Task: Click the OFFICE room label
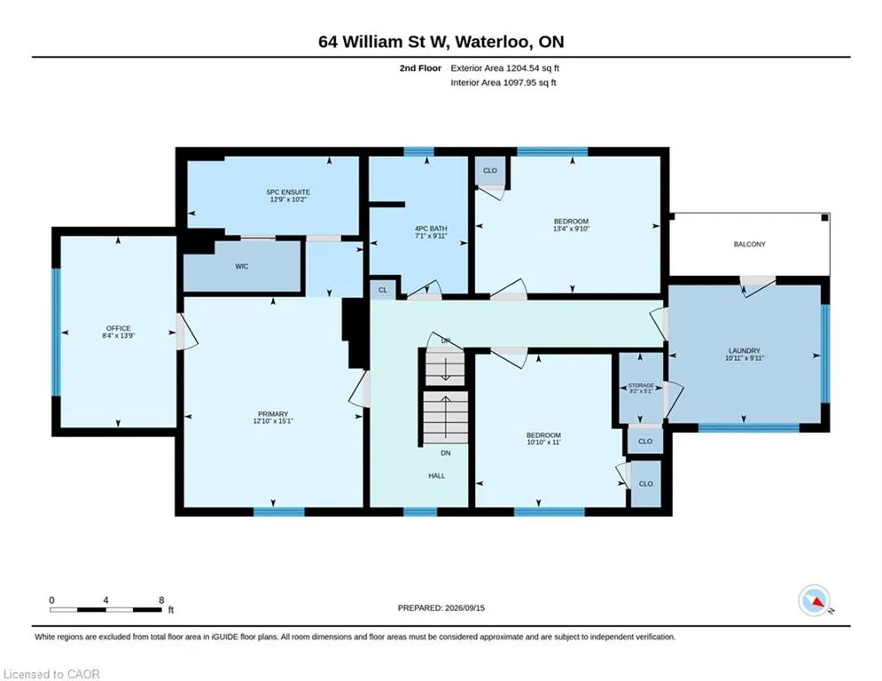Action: [118, 328]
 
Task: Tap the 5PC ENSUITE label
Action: [288, 192]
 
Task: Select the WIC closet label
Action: [242, 266]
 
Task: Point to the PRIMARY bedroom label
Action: [273, 414]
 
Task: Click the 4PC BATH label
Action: [431, 229]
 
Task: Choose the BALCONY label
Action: [749, 244]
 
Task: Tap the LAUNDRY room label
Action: [745, 350]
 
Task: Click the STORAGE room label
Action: [641, 386]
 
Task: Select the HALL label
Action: [436, 475]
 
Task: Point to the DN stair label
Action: [446, 453]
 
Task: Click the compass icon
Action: [815, 600]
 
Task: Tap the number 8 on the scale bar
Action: [161, 600]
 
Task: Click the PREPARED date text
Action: [441, 607]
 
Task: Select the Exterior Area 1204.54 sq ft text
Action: [504, 68]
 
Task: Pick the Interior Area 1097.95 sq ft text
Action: [503, 82]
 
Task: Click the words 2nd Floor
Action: [420, 68]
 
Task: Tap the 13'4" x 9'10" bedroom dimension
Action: [571, 229]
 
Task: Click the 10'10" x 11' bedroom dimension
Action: [543, 442]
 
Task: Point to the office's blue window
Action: [56, 332]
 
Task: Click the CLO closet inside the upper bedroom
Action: [490, 170]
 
